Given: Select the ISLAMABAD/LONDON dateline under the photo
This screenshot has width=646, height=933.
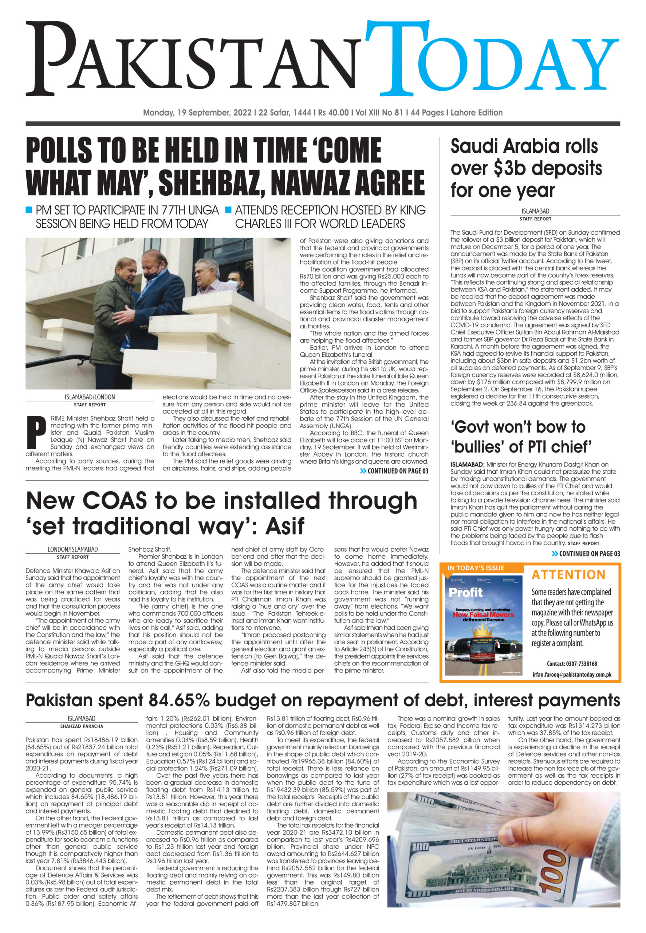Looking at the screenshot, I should pyautogui.click(x=90, y=397).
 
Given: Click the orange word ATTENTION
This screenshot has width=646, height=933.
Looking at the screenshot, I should pyautogui.click(x=568, y=575).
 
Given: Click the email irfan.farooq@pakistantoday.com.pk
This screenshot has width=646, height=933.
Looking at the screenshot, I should pyautogui.click(x=571, y=675).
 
